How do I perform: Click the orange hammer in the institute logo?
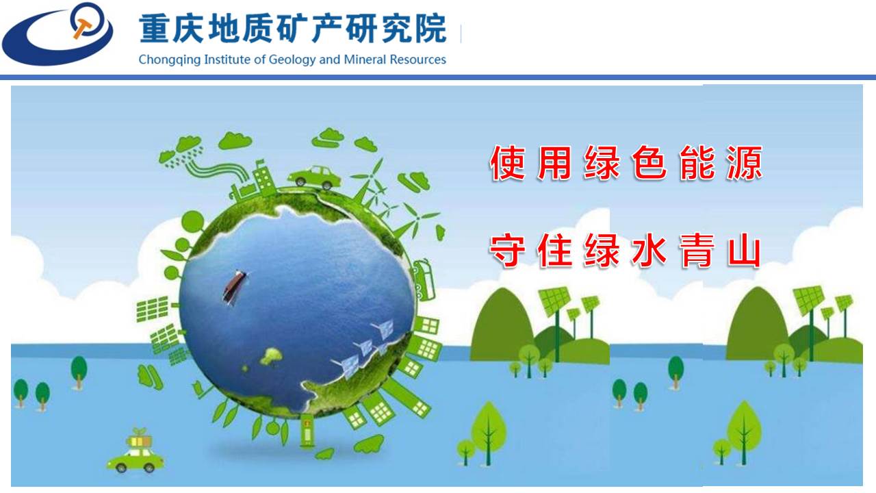(82, 27)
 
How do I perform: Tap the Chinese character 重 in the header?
(155, 28)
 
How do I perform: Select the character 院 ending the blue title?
(430, 28)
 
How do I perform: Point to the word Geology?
(292, 60)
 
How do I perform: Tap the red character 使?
(507, 163)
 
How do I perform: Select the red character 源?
(745, 163)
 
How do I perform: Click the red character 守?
(507, 250)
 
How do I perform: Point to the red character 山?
(744, 251)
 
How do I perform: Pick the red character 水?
(649, 251)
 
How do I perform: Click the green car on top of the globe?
(314, 177)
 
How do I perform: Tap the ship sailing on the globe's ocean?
(234, 287)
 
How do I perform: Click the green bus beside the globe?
(424, 279)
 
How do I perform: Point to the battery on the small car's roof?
(140, 441)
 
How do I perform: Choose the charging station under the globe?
(307, 431)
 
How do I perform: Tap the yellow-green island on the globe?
(272, 356)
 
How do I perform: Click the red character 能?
(697, 163)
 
